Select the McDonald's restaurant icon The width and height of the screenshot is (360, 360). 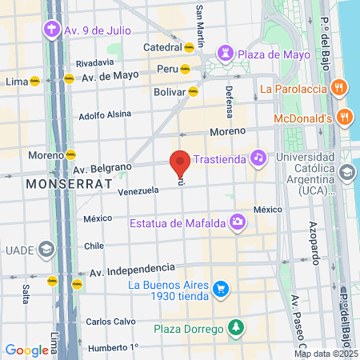click(345, 118)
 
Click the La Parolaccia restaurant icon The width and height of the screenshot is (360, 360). click(340, 86)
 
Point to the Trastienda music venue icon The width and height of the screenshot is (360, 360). click(258, 158)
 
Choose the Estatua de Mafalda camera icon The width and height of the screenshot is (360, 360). click(237, 221)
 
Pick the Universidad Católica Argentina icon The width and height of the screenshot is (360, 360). click(346, 172)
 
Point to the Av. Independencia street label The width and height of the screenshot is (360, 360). click(132, 269)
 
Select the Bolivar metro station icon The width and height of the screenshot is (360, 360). click(192, 91)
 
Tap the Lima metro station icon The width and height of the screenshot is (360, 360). click(34, 81)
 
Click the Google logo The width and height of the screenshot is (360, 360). click(26, 350)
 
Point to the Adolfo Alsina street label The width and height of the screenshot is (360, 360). click(104, 114)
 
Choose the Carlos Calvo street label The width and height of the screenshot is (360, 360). click(110, 322)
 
